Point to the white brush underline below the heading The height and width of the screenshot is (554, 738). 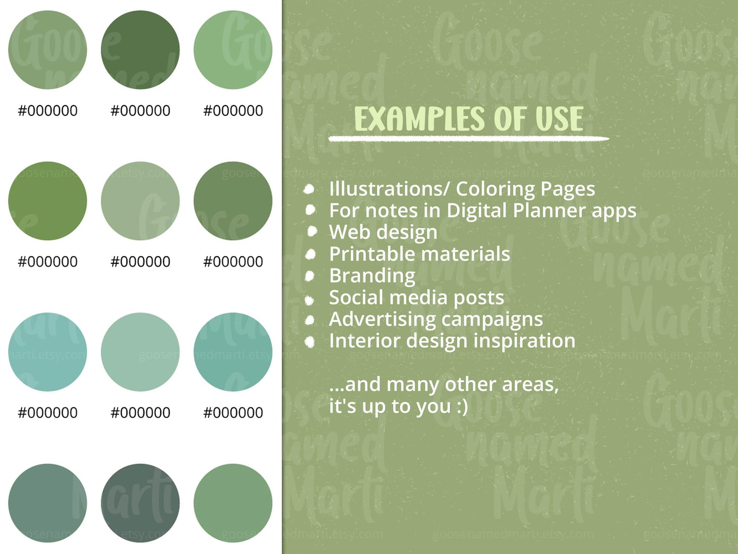468,139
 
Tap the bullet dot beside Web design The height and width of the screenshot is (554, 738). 312,231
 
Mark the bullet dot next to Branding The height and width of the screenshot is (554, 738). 310,276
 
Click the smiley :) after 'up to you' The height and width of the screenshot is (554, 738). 462,406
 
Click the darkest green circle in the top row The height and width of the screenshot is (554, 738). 140,50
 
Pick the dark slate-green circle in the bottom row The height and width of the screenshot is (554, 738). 140,503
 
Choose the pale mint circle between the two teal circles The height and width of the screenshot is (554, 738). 140,352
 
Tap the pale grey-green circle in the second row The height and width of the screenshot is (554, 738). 140,201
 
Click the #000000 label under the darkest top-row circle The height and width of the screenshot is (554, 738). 140,111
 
